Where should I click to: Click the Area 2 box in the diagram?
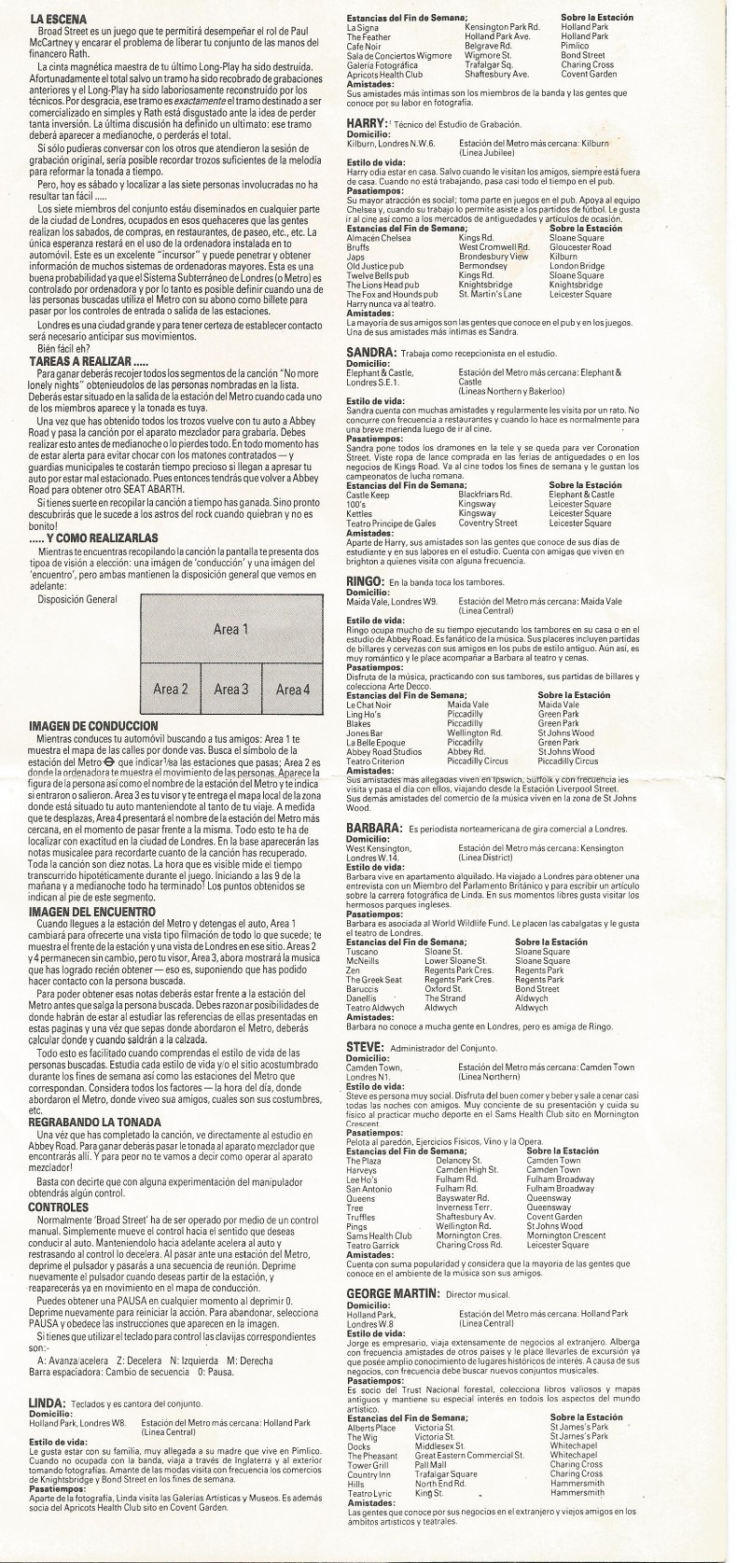pos(171,690)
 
